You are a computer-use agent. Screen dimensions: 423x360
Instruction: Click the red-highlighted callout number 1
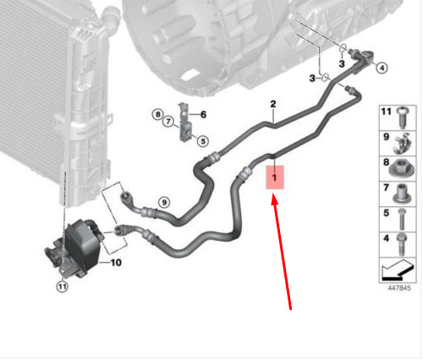coord(274,177)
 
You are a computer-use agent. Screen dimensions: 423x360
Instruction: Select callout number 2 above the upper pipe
coord(273,104)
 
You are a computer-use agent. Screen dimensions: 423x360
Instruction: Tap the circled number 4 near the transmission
coord(382,68)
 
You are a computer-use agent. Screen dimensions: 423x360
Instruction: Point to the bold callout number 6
coord(203,115)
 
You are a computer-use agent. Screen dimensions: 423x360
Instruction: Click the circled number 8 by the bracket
coord(157,114)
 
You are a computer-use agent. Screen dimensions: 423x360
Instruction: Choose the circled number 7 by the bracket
coord(168,122)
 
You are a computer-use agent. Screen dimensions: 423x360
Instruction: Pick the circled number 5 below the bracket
coord(203,141)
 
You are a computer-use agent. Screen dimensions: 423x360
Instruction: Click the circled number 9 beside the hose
coord(164,202)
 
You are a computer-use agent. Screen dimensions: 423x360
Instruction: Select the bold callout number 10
coord(116,263)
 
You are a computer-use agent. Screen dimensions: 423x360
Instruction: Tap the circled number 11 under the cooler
coord(62,286)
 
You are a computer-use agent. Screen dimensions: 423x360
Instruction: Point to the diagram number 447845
coord(399,288)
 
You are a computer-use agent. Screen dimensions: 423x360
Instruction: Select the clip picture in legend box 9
coord(403,144)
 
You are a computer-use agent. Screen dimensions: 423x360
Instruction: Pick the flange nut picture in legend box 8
coord(401,170)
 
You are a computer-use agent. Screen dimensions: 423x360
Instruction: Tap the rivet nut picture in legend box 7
coord(402,194)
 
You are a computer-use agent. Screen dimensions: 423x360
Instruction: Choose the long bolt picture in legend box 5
coord(402,219)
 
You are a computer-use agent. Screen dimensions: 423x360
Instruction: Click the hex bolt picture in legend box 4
coord(401,244)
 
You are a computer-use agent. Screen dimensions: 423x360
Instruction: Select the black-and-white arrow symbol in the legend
coord(398,270)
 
